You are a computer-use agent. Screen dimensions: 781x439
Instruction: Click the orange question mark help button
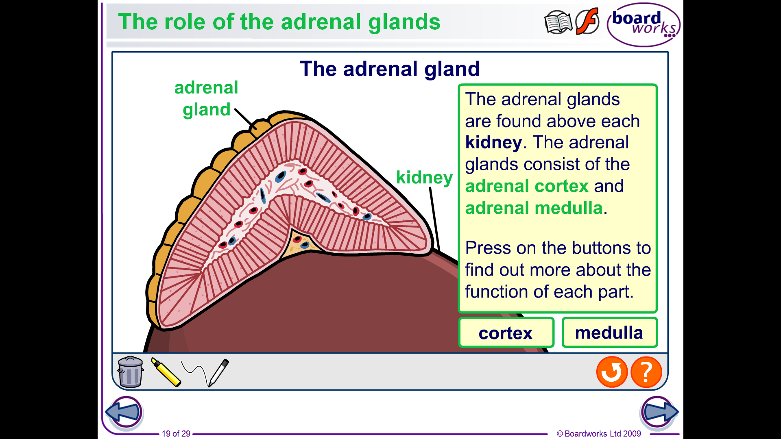click(x=646, y=372)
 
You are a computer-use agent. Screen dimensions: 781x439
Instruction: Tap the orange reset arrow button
click(x=612, y=372)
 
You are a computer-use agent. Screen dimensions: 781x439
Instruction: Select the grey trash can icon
click(x=130, y=372)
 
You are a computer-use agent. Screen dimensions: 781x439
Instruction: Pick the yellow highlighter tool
click(x=166, y=372)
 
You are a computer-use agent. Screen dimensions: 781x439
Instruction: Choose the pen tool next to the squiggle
click(x=219, y=372)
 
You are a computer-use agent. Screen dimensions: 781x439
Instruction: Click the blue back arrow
click(x=124, y=412)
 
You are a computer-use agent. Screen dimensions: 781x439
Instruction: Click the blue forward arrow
click(x=659, y=412)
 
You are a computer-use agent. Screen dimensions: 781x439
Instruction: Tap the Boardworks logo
click(x=644, y=24)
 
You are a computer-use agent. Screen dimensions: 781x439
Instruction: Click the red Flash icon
click(x=587, y=21)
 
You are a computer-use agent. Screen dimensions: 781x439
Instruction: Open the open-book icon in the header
click(x=558, y=22)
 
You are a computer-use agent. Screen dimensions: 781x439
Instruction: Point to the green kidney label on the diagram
click(x=424, y=178)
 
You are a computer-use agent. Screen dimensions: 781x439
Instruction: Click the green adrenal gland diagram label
click(x=206, y=99)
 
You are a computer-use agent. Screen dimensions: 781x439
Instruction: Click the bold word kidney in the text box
click(x=493, y=143)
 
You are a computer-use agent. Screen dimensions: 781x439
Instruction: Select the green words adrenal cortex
click(x=527, y=186)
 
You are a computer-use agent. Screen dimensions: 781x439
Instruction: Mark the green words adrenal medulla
click(x=534, y=208)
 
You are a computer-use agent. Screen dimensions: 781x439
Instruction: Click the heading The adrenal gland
click(x=390, y=69)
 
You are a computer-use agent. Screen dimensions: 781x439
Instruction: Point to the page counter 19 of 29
click(x=176, y=434)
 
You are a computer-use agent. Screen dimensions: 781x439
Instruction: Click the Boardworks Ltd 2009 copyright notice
click(x=599, y=434)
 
